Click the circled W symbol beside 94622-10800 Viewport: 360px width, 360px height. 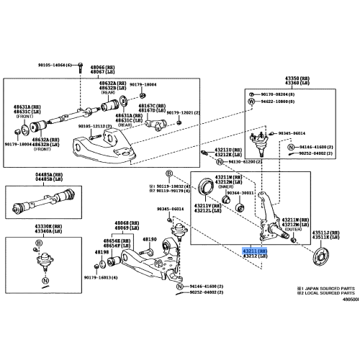(251, 102)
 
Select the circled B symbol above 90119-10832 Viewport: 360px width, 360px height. (169, 174)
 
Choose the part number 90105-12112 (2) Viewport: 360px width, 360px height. (96, 126)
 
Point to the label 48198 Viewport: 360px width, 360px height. (100, 253)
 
